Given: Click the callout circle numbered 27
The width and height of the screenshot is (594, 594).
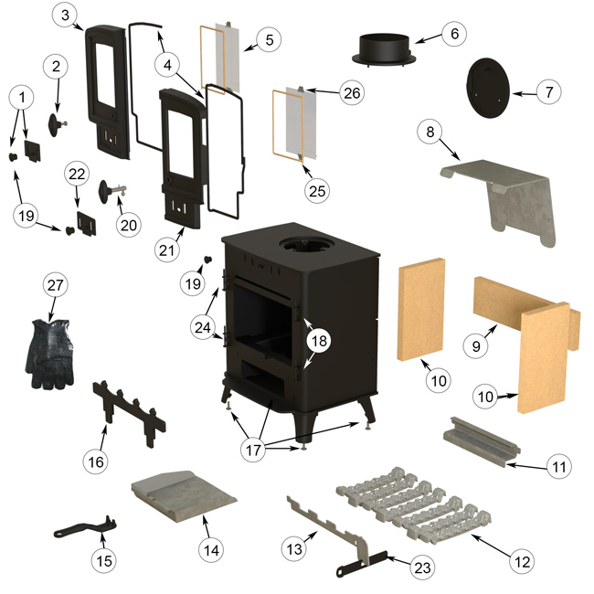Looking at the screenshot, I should click(x=58, y=284).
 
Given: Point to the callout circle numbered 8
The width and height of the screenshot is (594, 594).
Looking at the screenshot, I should click(x=429, y=130).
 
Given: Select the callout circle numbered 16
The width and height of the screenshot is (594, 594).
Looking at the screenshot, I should click(x=96, y=462).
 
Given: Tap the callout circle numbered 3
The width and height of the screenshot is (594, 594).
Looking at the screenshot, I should click(x=70, y=16).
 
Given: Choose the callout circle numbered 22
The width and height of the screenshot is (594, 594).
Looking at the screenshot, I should click(x=77, y=174).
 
